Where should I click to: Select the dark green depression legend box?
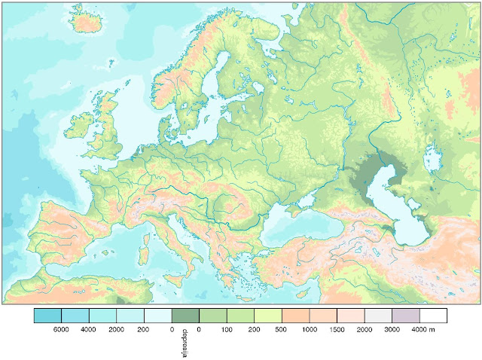tap(185, 316)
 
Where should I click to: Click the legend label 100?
tap(226, 330)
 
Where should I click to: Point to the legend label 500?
tap(281, 330)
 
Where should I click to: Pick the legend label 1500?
tap(336, 330)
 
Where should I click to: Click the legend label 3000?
tap(392, 330)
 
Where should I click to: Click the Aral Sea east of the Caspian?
tap(432, 159)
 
